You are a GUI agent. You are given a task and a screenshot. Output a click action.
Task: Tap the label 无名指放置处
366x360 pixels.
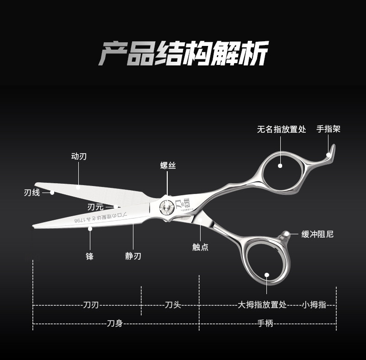click(x=282, y=129)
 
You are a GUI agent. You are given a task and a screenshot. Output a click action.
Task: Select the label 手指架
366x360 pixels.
click(x=328, y=129)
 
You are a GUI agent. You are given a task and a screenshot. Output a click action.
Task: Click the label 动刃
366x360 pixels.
click(x=79, y=156)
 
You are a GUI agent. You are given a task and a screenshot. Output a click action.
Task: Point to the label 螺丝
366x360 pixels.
click(x=168, y=165)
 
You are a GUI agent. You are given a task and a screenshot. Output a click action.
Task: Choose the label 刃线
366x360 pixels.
click(x=32, y=193)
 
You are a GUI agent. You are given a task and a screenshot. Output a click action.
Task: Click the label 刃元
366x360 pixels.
click(x=95, y=206)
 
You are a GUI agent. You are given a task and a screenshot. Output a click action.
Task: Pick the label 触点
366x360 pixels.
click(x=200, y=247)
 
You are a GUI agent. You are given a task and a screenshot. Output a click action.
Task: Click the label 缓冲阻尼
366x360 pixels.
click(x=317, y=234)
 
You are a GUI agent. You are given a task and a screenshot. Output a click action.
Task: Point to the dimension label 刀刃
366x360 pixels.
click(x=91, y=305)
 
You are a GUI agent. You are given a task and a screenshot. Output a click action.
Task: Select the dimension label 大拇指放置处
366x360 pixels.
click(x=262, y=305)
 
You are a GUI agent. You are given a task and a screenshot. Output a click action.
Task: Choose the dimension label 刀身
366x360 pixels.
click(x=114, y=323)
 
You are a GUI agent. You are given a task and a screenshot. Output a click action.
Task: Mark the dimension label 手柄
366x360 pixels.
click(x=265, y=323)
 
